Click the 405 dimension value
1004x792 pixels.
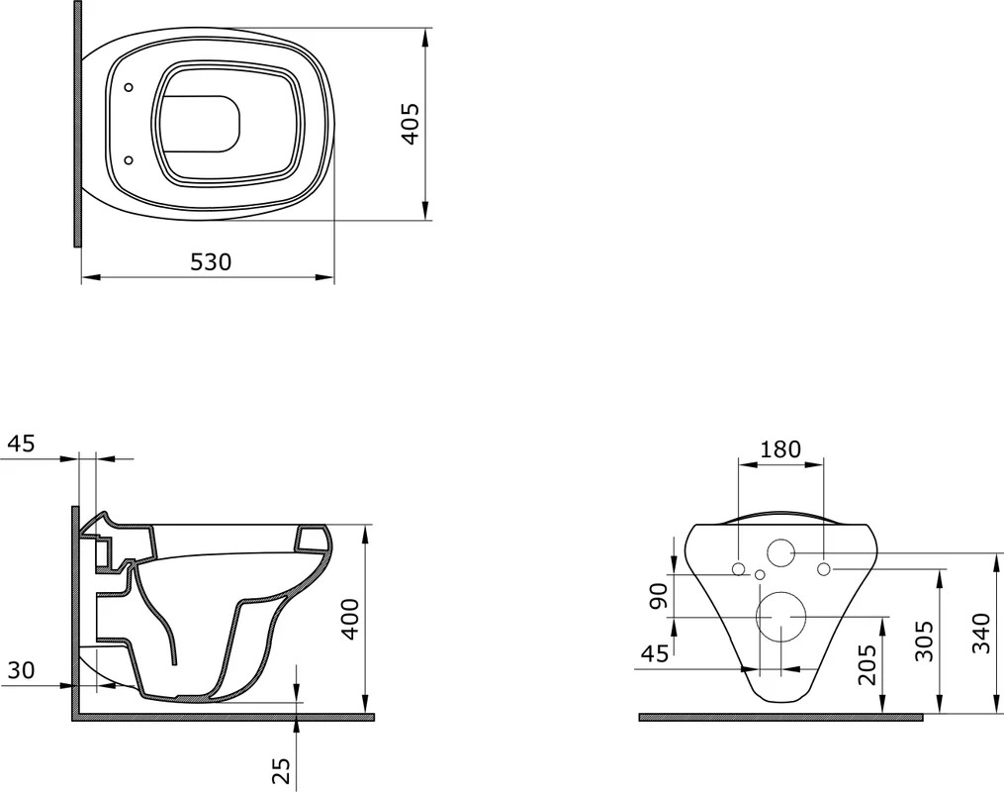click(410, 124)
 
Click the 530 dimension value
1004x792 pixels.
click(211, 262)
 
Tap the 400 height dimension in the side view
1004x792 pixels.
click(350, 619)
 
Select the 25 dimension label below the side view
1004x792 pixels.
click(282, 770)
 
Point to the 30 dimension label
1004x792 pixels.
click(21, 670)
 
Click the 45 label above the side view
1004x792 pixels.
click(21, 444)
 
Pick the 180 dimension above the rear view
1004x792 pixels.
click(780, 449)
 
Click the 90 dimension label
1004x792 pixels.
click(659, 595)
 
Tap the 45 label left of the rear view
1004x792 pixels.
click(655, 653)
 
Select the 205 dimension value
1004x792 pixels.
click(867, 664)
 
